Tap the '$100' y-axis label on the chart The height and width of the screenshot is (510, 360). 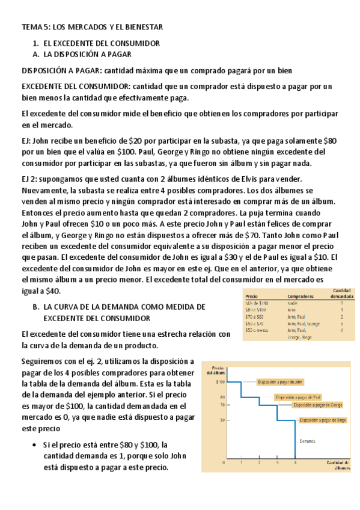point(220,381)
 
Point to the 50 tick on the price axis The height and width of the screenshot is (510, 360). point(222,420)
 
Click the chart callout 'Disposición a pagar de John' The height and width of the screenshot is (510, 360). point(280,382)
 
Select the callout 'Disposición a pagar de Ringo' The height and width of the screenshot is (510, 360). point(322,420)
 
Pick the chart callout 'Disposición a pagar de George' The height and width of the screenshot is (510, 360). point(318,406)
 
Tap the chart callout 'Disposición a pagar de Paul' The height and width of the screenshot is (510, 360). point(299,397)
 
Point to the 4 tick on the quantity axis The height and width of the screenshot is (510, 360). point(295,464)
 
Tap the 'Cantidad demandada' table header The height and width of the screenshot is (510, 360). point(341,293)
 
